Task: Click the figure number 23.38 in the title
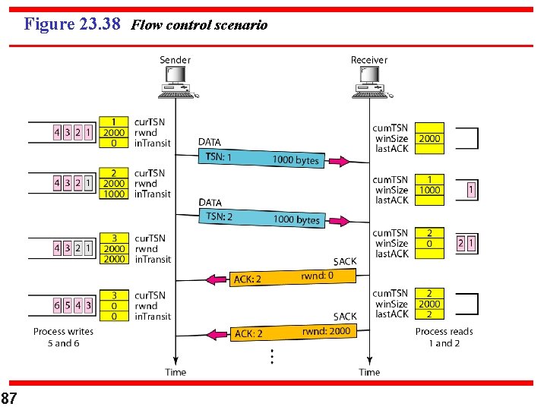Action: tap(100, 24)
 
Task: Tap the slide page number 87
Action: tap(10, 399)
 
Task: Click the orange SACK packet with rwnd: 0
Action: tap(292, 278)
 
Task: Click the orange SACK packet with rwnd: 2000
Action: tap(292, 333)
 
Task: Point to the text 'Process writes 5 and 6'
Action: tap(63, 337)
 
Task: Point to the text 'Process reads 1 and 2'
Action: tap(444, 337)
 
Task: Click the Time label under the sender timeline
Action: tap(175, 372)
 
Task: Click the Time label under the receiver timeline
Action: tap(369, 372)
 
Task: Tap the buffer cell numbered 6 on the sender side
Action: tap(57, 305)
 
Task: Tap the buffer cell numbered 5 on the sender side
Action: tap(68, 305)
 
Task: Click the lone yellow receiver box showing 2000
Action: tap(429, 138)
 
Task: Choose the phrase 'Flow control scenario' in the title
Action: tap(199, 25)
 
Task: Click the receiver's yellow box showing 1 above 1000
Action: tap(429, 184)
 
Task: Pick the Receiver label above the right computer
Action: tap(369, 60)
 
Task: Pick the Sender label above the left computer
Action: tap(175, 60)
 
